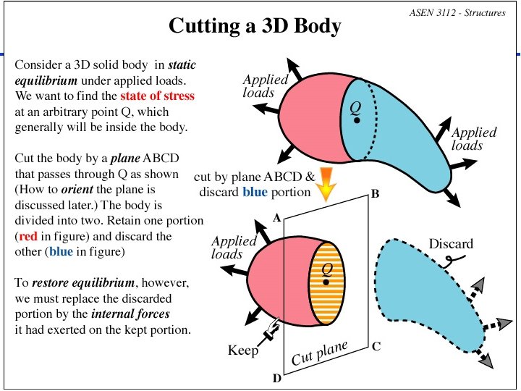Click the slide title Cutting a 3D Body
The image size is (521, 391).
point(255,27)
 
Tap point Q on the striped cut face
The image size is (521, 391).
point(327,281)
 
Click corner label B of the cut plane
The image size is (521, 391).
point(374,194)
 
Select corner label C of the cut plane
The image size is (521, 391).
point(376,346)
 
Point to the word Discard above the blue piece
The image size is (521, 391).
point(451,243)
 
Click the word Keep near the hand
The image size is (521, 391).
point(243,350)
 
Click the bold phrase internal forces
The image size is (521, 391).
point(129,314)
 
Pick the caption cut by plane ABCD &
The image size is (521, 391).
point(255,176)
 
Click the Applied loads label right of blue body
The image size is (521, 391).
point(473,138)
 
